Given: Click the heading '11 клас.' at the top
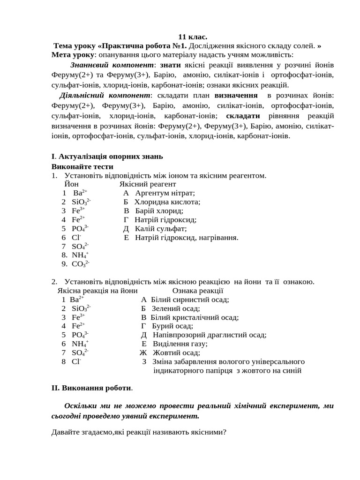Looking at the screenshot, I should pos(193,37).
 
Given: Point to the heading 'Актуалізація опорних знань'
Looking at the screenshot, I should pos(111,157).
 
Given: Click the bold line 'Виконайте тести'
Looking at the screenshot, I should pos(82,166).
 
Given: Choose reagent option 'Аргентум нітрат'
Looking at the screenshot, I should pos(165,193).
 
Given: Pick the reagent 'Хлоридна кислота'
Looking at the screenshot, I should pos(167,202).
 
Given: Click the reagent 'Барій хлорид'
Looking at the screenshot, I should pos(159,211).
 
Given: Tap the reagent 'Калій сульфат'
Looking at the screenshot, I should pos(161,229).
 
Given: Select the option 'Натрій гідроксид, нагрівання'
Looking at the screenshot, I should pos(187,238).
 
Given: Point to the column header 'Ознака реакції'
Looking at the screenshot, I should pos(197,291).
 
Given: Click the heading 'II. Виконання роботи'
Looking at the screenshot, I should pos(91,388).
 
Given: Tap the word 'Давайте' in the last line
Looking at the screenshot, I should pos(65,432).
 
